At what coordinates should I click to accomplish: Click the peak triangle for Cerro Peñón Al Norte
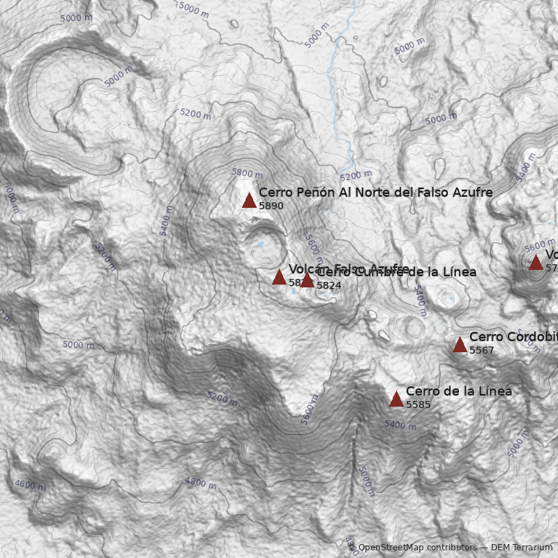click(x=249, y=201)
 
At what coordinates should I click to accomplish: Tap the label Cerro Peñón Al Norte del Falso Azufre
click(x=375, y=192)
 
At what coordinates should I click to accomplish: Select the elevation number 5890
click(x=271, y=206)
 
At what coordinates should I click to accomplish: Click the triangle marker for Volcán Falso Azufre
click(x=279, y=278)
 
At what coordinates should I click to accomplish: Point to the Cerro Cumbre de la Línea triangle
click(x=307, y=280)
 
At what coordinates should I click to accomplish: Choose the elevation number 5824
click(x=329, y=285)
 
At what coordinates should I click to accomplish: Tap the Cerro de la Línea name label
click(x=458, y=391)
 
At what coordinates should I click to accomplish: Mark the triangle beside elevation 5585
click(x=396, y=400)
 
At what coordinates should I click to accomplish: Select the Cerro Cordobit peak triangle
click(x=460, y=345)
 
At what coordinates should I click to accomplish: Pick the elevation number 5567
click(x=481, y=350)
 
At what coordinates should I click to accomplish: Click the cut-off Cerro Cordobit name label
click(x=513, y=337)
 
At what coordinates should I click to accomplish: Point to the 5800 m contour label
click(x=248, y=173)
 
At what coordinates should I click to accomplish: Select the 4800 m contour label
click(x=200, y=482)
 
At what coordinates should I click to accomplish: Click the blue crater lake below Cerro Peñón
click(x=259, y=245)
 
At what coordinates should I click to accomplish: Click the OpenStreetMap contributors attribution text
click(x=416, y=548)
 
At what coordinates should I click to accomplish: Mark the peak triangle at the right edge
click(x=536, y=263)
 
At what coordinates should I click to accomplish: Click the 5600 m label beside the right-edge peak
click(x=540, y=246)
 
